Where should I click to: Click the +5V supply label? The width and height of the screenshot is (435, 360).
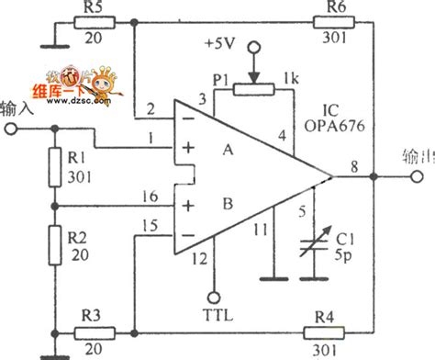tap(227, 43)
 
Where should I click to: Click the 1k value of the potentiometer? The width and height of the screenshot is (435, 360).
tap(293, 74)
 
